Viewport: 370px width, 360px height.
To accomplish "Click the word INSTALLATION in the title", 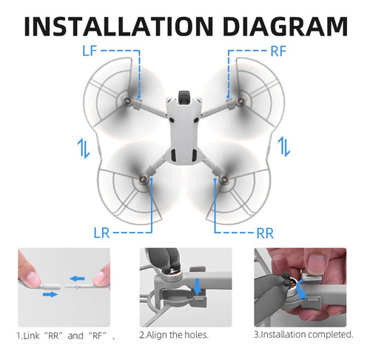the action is [x=118, y=26].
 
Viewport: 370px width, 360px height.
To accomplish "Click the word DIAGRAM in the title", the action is [x=286, y=26].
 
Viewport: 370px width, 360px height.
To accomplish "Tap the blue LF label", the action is [x=90, y=50].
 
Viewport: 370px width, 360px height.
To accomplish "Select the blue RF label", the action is [x=278, y=51].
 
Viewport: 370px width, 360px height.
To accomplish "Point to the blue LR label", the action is [x=101, y=233].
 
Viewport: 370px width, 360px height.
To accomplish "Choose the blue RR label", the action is [x=265, y=233].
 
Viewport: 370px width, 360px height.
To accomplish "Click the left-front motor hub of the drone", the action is [x=127, y=100].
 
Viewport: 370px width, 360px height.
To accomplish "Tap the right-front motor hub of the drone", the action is [x=240, y=100].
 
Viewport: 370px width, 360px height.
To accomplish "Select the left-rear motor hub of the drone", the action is [x=143, y=179].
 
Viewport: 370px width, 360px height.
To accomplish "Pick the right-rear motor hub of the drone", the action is [x=224, y=179].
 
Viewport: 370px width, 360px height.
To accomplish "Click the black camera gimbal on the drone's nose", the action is [x=184, y=96].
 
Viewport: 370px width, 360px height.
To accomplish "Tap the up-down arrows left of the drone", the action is [x=84, y=148].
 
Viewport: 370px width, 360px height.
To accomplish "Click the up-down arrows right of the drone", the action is [x=284, y=147].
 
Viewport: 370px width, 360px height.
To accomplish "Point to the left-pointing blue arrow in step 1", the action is [x=77, y=279].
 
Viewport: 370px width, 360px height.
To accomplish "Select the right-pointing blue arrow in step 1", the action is [x=50, y=294].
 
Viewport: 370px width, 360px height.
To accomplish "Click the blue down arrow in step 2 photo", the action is [x=197, y=287].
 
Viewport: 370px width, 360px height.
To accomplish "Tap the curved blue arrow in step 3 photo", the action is [x=300, y=290].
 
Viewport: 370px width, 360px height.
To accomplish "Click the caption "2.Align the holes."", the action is [x=174, y=335].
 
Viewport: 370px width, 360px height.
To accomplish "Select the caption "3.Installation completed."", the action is [x=303, y=335].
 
